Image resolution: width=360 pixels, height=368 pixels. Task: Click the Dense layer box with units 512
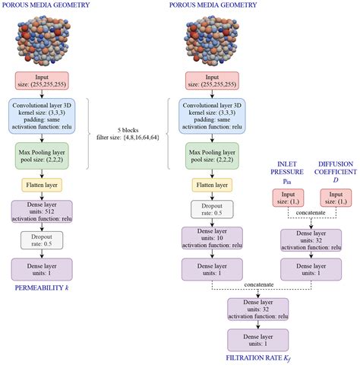coord(42,211)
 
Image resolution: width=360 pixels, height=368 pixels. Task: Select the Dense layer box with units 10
coord(212,238)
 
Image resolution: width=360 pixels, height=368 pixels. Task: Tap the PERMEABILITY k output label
coord(42,287)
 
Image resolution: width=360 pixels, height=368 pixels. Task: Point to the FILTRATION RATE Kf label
coord(258,358)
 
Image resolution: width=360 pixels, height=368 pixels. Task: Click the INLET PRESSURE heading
coord(287,168)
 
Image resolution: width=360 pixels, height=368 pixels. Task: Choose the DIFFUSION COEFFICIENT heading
coord(336,168)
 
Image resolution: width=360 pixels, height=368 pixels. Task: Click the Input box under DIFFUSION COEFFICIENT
coord(336,198)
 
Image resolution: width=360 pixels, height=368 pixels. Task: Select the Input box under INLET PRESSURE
coord(288,198)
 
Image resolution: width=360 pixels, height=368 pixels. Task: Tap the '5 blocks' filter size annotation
coord(128,134)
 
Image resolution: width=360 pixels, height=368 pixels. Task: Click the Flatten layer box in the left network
coord(42,185)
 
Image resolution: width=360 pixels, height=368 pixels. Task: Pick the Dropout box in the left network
coord(42,240)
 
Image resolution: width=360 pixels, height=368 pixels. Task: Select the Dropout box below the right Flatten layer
coord(212,209)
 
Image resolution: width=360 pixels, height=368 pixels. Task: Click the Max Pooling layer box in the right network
coord(212,156)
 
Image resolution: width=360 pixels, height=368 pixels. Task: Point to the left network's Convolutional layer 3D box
coord(42,116)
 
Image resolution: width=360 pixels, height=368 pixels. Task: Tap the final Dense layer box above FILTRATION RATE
coord(258,340)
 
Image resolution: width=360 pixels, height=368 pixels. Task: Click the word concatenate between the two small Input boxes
coord(311,213)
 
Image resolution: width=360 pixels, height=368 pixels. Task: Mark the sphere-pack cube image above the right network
coord(212,40)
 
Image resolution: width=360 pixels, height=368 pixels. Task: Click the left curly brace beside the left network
coord(88,134)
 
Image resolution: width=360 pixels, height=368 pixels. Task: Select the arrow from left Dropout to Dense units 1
coord(42,254)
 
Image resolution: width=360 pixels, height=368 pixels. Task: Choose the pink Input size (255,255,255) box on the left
coord(42,81)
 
